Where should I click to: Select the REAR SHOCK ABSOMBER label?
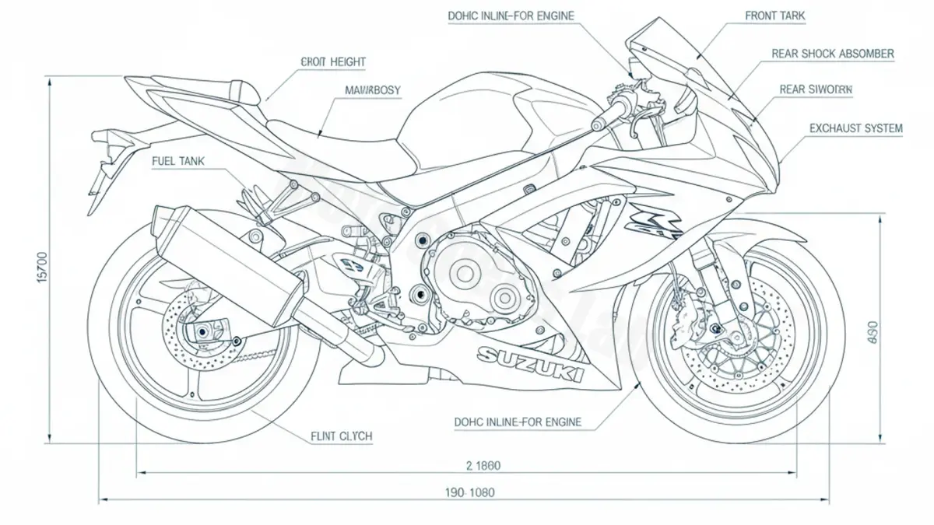832,54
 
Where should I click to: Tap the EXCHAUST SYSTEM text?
855,128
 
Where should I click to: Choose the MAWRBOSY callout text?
372,90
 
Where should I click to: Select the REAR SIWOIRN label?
816,90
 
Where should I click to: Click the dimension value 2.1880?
483,466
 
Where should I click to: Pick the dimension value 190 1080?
470,492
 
